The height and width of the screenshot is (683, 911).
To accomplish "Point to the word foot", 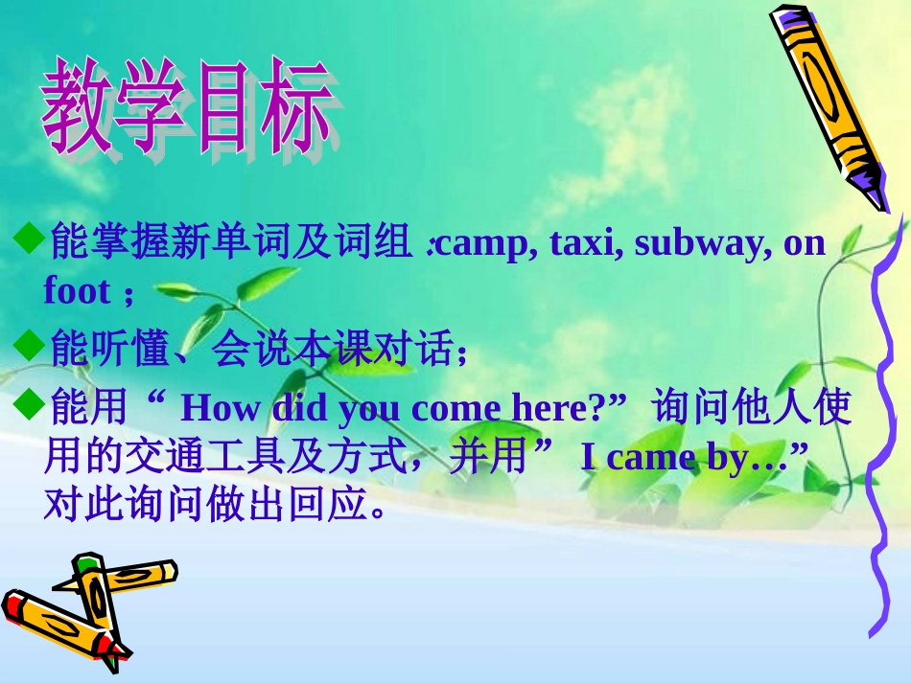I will pos(77,290).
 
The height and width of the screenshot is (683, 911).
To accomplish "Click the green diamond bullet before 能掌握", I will pos(31,237).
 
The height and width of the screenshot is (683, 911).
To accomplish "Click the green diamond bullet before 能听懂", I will pos(31,345).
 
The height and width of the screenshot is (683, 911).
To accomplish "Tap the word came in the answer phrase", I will pos(652,459).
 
